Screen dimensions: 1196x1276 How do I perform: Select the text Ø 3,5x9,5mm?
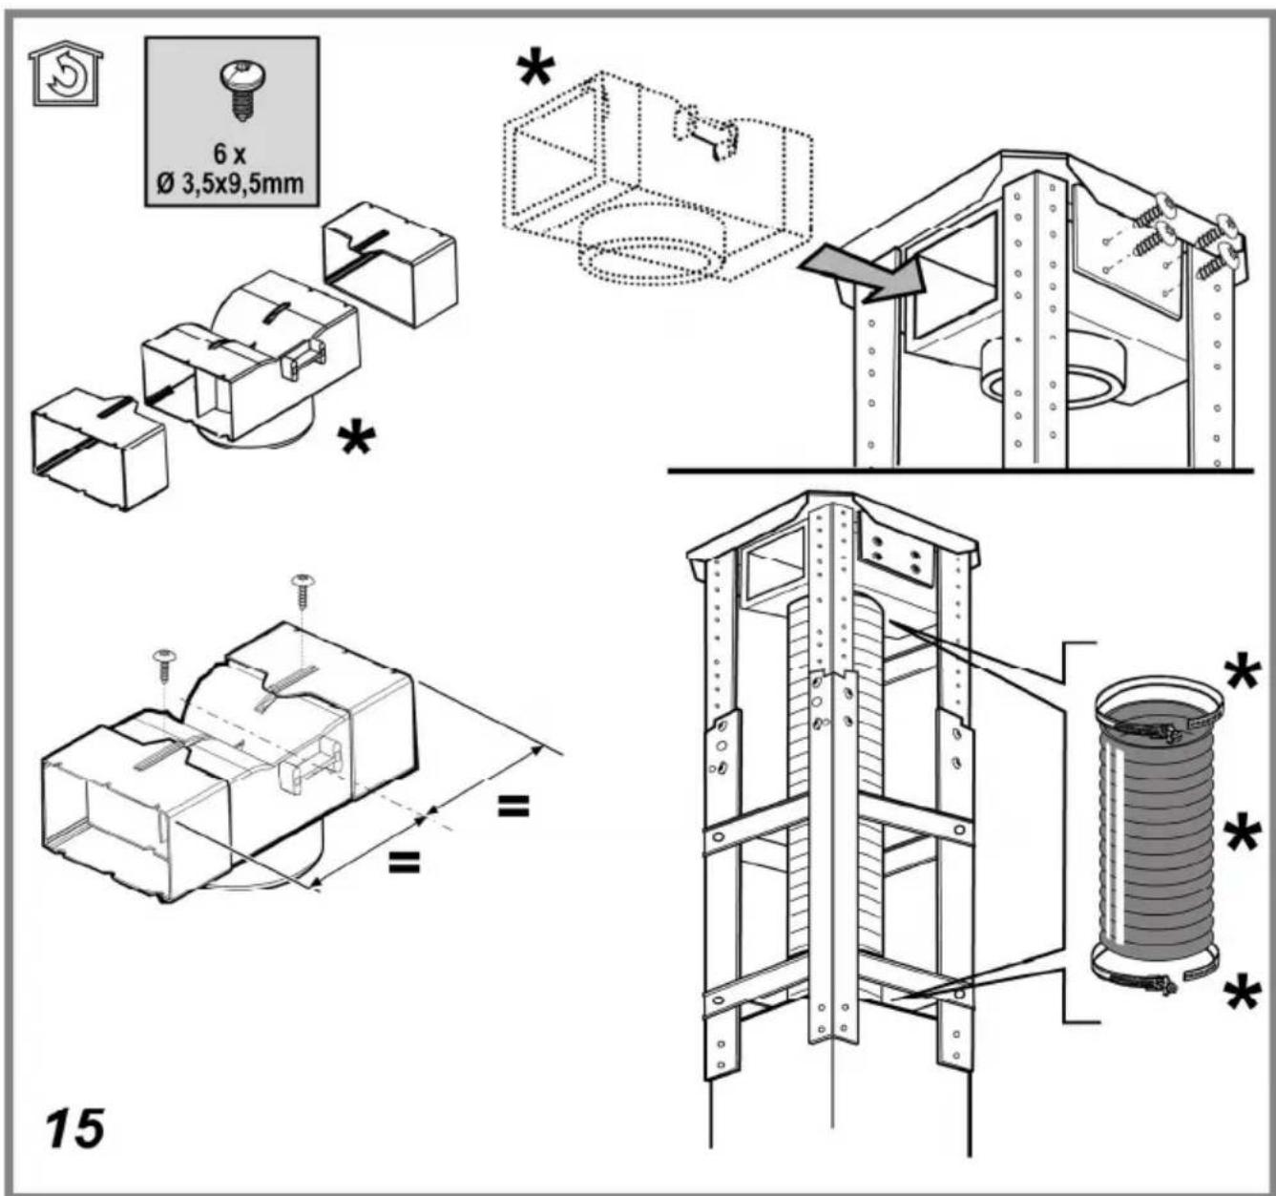click(231, 181)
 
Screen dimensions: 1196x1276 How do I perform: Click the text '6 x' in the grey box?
click(232, 155)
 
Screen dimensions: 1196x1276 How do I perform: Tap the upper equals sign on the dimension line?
click(512, 807)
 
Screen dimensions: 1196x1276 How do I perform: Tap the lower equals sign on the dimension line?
click(404, 863)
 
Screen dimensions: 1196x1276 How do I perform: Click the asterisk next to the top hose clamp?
click(1242, 672)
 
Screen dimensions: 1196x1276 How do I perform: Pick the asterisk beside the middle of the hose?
click(1242, 835)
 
